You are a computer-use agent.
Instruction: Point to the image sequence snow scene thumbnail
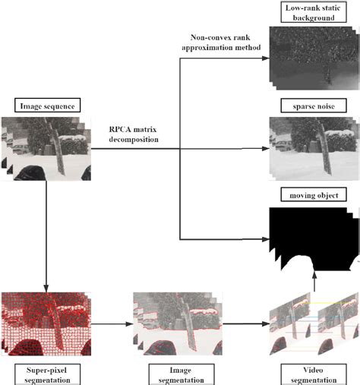click(x=47, y=148)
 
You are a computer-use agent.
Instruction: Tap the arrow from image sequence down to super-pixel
click(x=47, y=235)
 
